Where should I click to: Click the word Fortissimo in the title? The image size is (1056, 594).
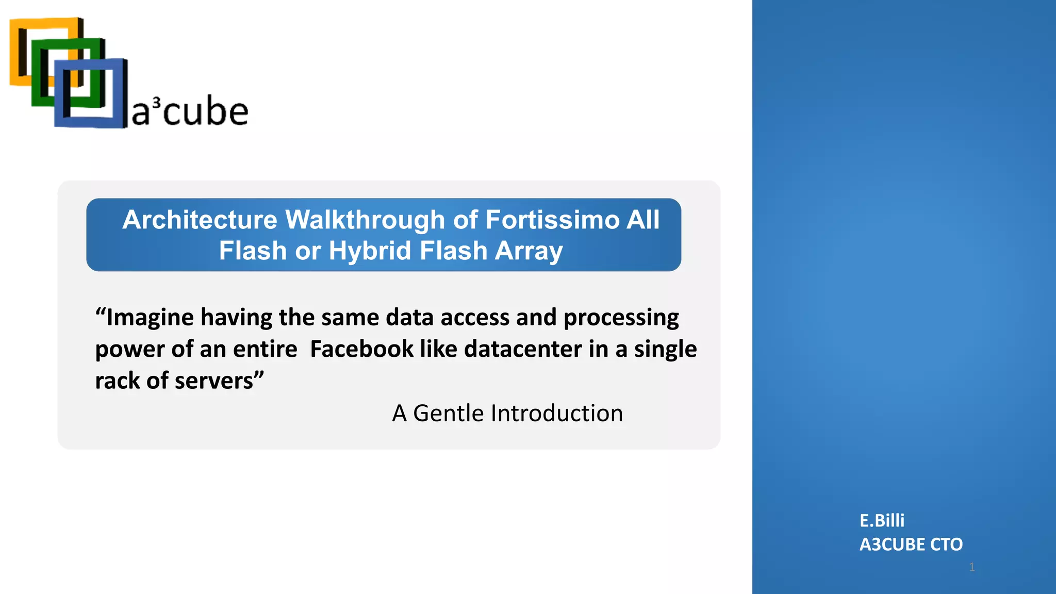tap(552, 220)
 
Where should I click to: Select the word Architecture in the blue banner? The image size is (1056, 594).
tap(200, 220)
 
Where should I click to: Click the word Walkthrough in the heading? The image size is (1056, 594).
tap(365, 220)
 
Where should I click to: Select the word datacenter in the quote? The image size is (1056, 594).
tap(523, 349)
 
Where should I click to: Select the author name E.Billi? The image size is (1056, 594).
tap(882, 520)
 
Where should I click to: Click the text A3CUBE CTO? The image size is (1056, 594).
tap(911, 544)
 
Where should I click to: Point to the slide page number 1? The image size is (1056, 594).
tap(972, 567)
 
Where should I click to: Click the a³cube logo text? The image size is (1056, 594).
tap(190, 112)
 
